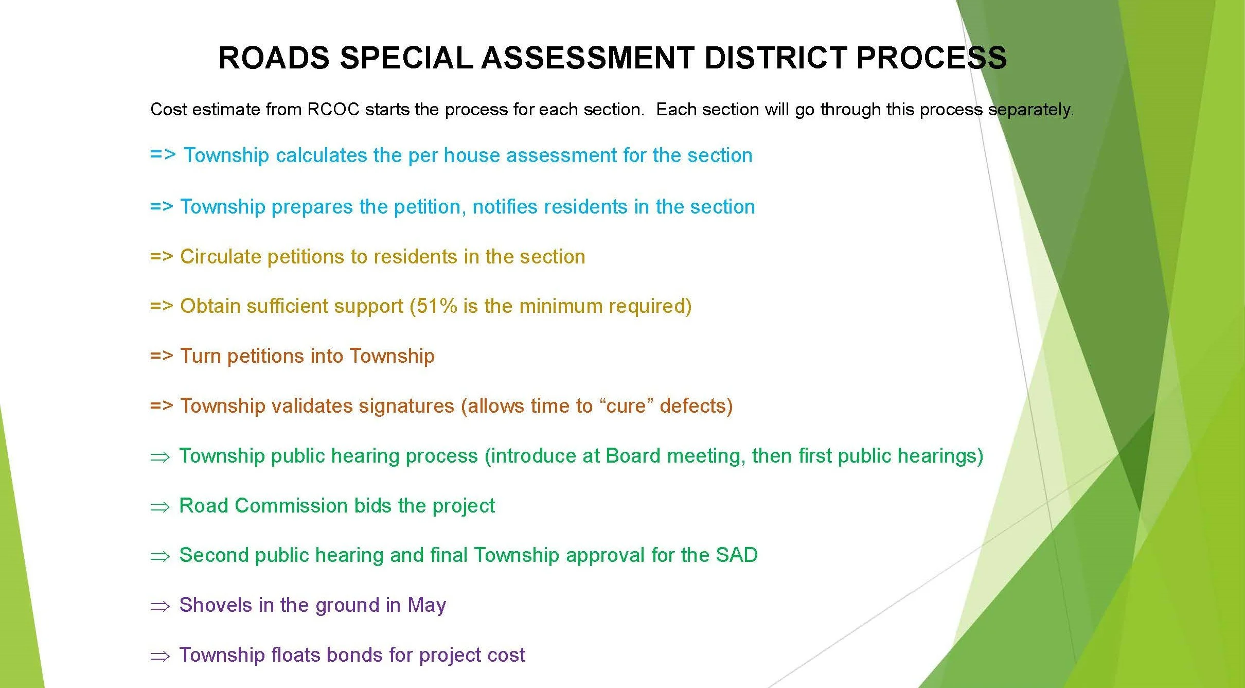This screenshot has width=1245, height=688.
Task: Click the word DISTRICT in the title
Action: click(x=776, y=57)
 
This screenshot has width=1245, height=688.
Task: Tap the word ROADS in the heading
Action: click(x=274, y=57)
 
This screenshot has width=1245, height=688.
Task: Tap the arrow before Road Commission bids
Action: click(x=159, y=507)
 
